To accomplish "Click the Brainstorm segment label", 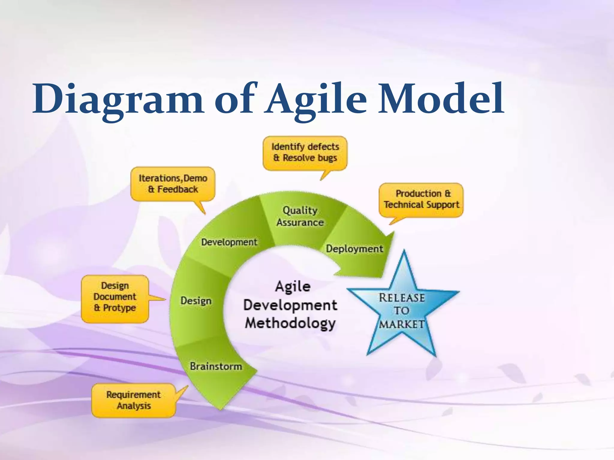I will [216, 366].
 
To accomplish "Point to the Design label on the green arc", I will [196, 301].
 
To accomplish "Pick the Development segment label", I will [229, 242].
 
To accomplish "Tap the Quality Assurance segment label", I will [300, 216].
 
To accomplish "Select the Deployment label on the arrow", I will [354, 249].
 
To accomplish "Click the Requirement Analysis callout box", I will [133, 400].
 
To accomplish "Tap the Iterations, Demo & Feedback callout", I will [173, 184].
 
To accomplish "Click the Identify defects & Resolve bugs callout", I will [305, 153].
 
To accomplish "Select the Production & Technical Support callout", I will [421, 199].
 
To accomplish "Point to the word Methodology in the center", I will [290, 323].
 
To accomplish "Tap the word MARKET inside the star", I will [402, 324].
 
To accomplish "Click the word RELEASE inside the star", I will [402, 298].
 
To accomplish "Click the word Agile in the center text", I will [293, 287].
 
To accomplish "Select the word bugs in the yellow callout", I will [327, 158].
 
